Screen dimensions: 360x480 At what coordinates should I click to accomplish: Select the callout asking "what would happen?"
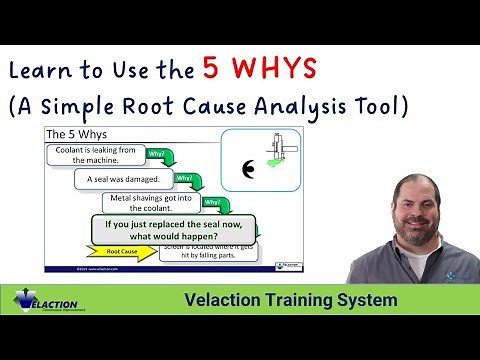click(180, 231)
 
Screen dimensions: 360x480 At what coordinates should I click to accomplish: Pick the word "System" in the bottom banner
click(369, 300)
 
